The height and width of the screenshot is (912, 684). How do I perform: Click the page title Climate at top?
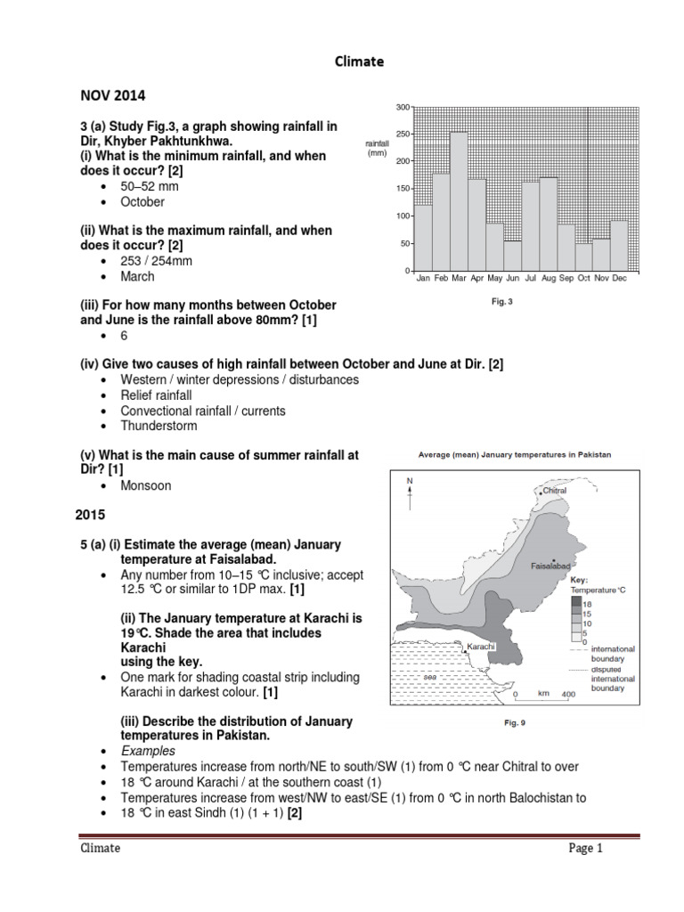point(359,61)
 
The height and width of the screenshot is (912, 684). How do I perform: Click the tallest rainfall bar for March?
point(459,200)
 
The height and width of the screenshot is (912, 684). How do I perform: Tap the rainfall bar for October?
point(583,256)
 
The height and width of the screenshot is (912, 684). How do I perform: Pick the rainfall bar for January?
point(423,237)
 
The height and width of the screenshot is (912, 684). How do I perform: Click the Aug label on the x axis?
point(548,279)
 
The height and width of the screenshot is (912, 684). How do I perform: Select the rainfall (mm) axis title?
point(379,147)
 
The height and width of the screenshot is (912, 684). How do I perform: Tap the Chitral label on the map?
point(554,490)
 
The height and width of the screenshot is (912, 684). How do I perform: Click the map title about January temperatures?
point(515,454)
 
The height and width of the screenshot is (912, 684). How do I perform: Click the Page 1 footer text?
point(586,848)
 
